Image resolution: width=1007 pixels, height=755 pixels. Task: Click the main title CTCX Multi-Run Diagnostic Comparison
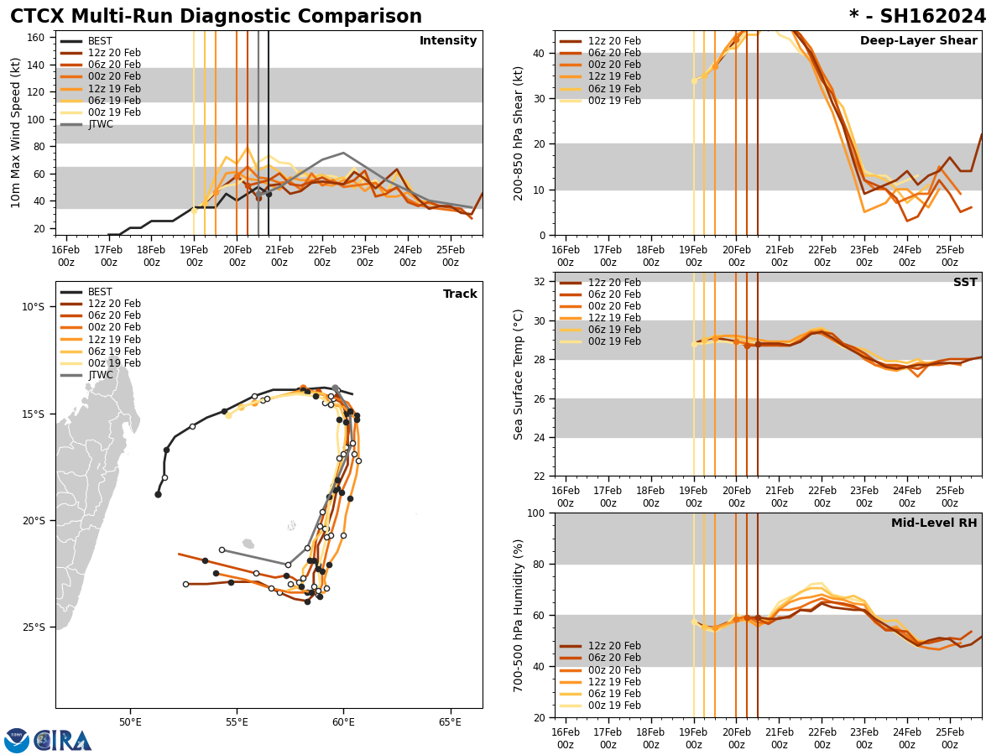pos(216,17)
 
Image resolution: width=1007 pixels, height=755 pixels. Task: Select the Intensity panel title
pos(448,41)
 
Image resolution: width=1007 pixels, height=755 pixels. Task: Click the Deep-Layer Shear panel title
pos(918,41)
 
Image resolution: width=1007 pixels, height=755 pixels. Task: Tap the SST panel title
pos(964,283)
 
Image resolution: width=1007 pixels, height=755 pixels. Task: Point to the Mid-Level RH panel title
pos(934,523)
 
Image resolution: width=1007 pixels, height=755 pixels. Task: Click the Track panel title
pos(460,294)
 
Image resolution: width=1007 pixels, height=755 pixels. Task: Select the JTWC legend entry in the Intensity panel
pos(100,124)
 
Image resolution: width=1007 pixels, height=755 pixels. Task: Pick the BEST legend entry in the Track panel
pos(100,292)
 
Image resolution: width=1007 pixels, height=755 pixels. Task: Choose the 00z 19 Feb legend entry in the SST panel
pos(613,341)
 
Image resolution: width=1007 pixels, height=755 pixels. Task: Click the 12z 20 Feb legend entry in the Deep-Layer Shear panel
pos(613,41)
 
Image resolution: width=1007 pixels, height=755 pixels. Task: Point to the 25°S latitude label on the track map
pos(34,627)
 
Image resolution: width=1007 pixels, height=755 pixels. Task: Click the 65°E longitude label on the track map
pos(450,722)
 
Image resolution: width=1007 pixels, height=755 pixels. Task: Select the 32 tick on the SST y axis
pos(540,282)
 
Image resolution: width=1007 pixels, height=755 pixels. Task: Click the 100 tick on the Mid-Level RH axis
pos(537,513)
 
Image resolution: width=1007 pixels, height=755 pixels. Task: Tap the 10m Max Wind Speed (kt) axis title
pos(16,133)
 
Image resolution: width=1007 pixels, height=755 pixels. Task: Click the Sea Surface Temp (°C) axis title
pos(519,374)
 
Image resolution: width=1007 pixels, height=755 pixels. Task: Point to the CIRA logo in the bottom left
pos(48,740)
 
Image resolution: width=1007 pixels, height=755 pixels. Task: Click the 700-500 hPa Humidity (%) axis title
pos(519,615)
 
